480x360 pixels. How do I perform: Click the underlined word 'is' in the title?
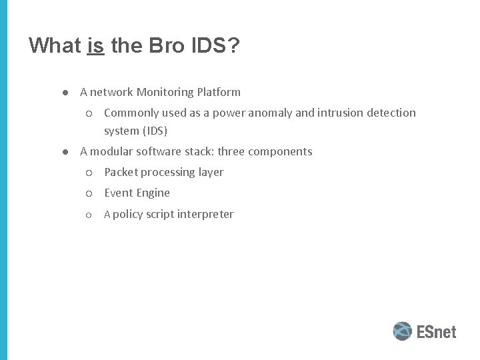(x=95, y=45)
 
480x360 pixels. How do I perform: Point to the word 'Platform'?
(x=219, y=92)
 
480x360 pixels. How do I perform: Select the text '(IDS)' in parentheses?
(x=153, y=131)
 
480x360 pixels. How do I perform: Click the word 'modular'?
(x=112, y=151)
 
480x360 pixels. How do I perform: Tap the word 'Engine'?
(x=153, y=193)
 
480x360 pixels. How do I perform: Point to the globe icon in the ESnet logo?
(x=402, y=331)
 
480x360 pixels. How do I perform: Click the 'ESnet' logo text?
(x=437, y=331)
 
